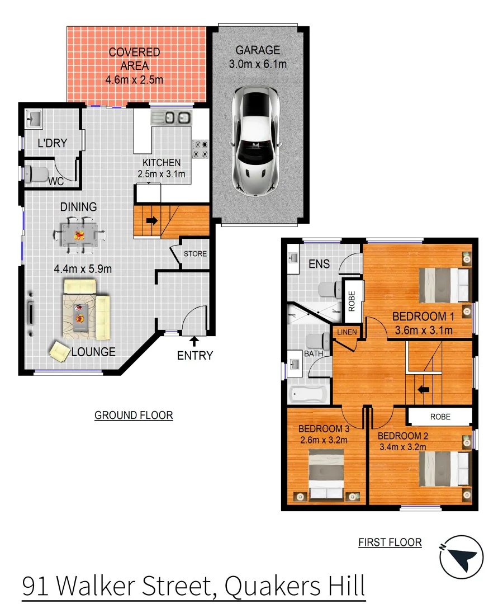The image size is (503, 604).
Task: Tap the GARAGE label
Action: click(258, 50)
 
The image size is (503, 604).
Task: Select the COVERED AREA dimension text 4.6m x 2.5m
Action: click(134, 80)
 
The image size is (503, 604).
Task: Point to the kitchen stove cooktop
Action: click(201, 148)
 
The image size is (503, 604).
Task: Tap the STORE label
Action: click(196, 254)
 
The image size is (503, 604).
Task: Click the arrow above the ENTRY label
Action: click(194, 339)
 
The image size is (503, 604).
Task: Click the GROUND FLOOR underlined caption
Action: click(134, 416)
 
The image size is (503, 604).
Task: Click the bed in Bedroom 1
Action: click(444, 284)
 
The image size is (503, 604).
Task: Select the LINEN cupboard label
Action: click(347, 332)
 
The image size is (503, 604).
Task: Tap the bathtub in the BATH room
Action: click(307, 395)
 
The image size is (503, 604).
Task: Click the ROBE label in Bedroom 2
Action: click(440, 417)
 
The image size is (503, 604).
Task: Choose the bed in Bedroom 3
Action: click(326, 475)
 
